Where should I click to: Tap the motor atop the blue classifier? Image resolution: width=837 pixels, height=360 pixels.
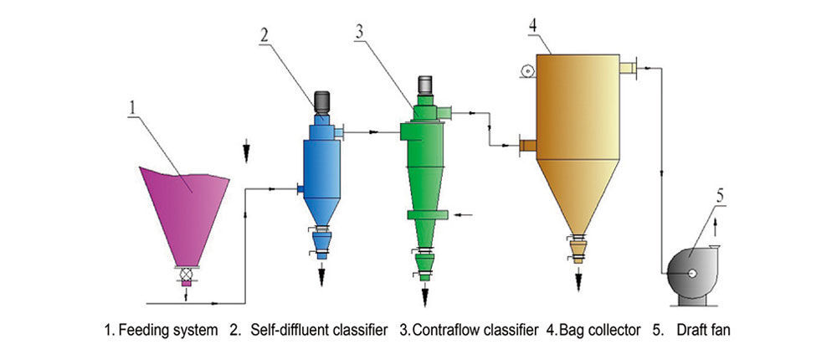(x=321, y=101)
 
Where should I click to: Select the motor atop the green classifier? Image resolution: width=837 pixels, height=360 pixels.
(x=424, y=85)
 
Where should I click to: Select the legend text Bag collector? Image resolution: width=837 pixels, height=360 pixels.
(x=598, y=330)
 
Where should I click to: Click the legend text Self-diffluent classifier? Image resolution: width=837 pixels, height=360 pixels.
(x=319, y=330)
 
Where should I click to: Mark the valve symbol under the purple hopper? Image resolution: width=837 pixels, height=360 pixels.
(x=186, y=273)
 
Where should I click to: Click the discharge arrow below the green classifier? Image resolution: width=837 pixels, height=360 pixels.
(x=425, y=293)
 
